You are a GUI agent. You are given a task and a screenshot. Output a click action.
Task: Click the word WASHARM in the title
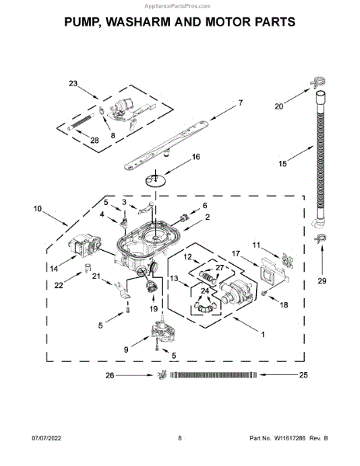click(x=137, y=22)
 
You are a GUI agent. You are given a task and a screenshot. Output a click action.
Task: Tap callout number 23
click(x=73, y=84)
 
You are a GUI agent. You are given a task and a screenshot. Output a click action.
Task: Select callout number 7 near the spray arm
click(x=241, y=103)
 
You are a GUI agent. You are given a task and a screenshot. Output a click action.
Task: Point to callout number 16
click(x=196, y=157)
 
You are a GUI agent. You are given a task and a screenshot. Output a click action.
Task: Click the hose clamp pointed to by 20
click(x=318, y=82)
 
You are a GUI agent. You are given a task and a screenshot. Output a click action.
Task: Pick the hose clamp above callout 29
click(x=320, y=238)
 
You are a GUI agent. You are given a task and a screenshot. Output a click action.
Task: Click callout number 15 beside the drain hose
click(x=282, y=163)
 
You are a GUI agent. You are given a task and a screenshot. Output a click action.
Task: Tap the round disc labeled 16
click(x=155, y=180)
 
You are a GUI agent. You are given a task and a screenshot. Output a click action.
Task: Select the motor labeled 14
click(x=85, y=245)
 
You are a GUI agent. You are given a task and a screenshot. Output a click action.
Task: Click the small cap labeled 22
click(x=87, y=268)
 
